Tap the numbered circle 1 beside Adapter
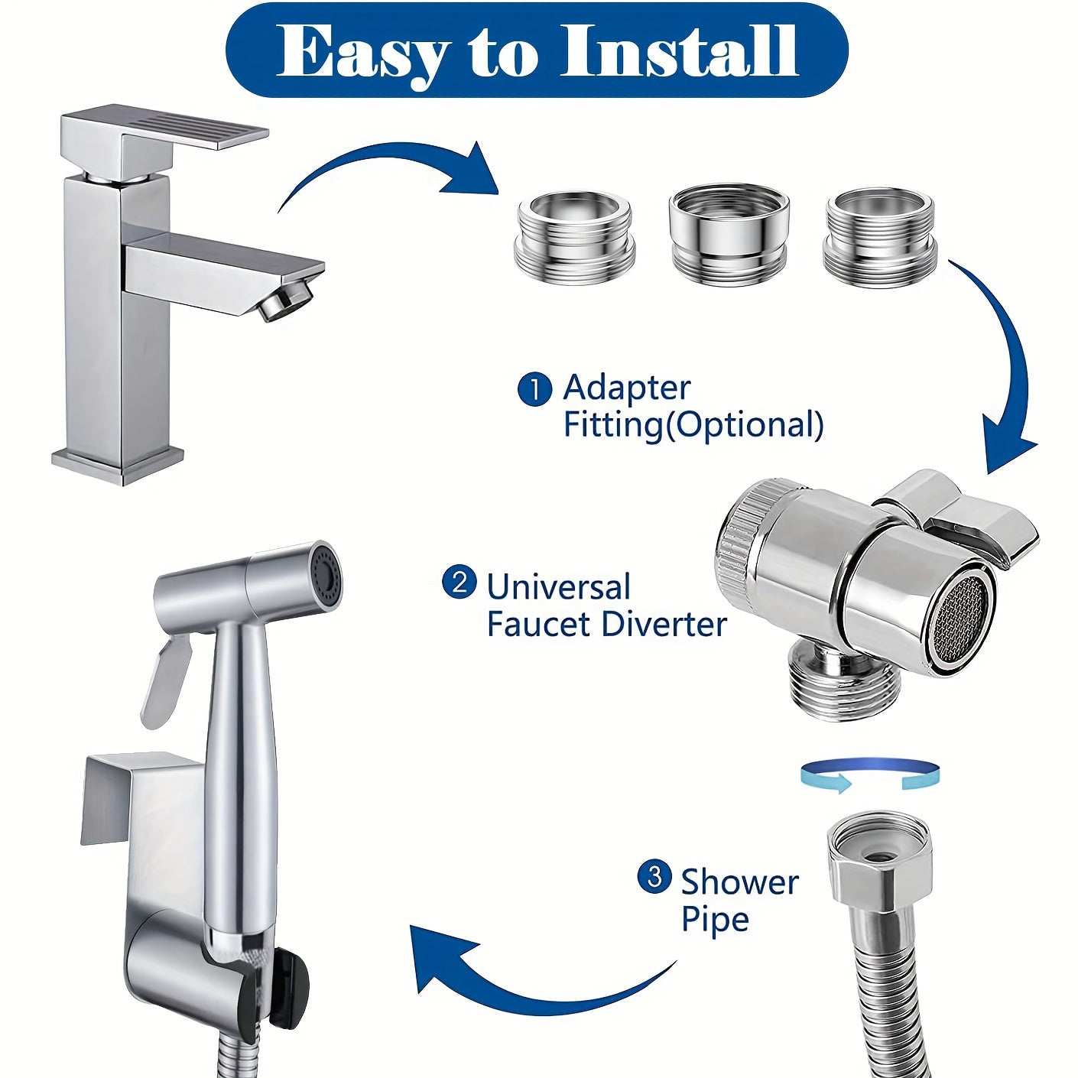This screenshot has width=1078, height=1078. pos(535,389)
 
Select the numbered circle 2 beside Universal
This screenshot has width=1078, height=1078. pos(459,584)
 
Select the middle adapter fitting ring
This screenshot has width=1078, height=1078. pos(729,231)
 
